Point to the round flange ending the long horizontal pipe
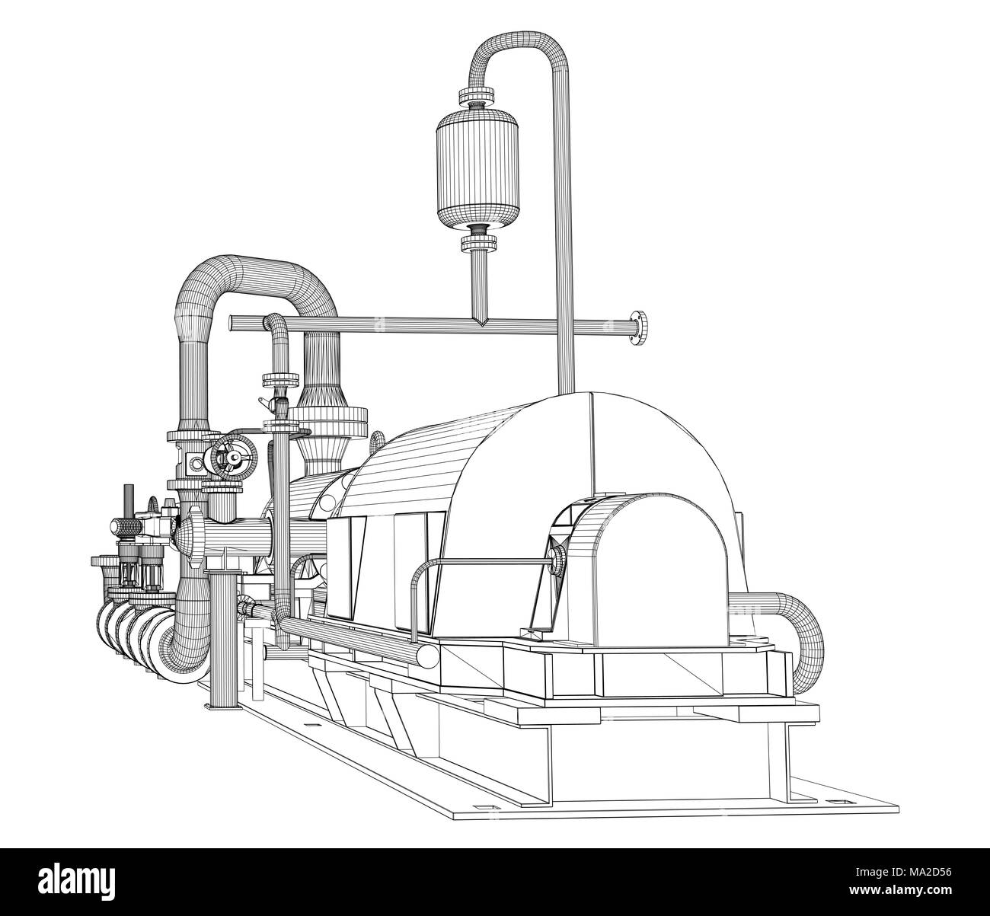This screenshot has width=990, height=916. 638,327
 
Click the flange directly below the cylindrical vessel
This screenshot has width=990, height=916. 479,243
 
